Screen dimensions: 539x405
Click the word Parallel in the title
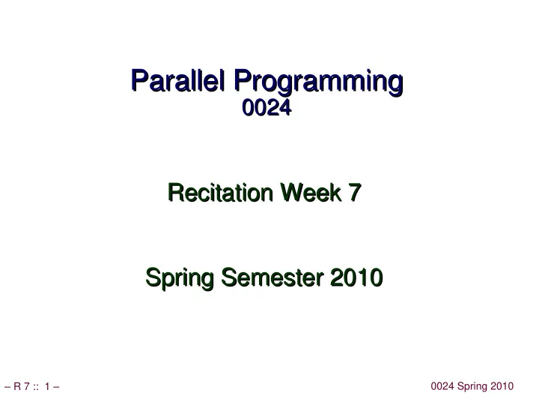tap(177, 80)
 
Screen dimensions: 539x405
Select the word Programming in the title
tap(319, 82)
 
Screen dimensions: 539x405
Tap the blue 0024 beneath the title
tap(267, 107)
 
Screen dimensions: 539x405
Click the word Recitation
tap(220, 192)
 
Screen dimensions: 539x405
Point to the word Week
tap(311, 192)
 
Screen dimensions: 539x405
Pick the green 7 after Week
tap(355, 192)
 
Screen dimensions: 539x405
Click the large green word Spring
tap(180, 278)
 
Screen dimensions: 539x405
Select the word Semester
tap(272, 277)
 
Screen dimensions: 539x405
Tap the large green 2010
tap(356, 277)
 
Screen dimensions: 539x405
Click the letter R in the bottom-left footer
tap(17, 386)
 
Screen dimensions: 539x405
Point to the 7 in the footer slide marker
tap(26, 386)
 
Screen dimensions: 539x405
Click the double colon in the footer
tap(36, 387)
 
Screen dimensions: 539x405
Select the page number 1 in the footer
tap(47, 386)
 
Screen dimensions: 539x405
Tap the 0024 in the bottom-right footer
tap(442, 386)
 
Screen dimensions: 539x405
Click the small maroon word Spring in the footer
tap(472, 387)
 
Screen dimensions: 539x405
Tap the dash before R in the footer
tap(7, 387)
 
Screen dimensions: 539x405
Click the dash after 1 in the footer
tap(56, 387)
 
